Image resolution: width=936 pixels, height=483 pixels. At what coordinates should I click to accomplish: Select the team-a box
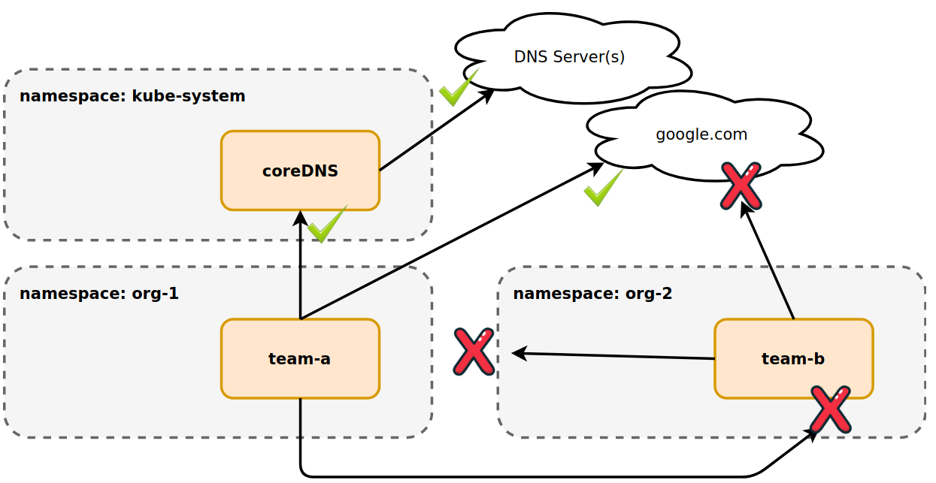[300, 358]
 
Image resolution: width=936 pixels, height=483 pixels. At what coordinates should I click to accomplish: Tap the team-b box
[793, 358]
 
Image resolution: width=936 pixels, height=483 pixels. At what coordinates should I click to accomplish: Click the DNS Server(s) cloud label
[569, 56]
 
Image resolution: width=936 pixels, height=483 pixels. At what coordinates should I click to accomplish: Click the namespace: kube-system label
[132, 96]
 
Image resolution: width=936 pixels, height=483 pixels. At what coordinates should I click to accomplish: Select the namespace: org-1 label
[99, 293]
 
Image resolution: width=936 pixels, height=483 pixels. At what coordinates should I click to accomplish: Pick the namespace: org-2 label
[592, 293]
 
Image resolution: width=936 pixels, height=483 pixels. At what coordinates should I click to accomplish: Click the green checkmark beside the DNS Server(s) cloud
[457, 88]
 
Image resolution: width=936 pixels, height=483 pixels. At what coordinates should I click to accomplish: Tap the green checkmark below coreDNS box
[326, 224]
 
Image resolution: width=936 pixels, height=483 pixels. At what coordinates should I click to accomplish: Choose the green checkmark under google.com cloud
[602, 188]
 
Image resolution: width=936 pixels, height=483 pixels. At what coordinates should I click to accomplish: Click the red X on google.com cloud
[741, 185]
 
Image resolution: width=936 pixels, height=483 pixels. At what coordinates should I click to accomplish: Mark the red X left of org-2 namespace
[474, 351]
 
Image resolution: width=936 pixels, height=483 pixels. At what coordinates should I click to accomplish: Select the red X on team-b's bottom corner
[830, 409]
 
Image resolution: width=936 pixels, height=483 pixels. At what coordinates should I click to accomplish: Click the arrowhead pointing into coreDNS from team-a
[300, 217]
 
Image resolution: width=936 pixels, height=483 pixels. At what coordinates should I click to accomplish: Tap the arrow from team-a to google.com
[451, 242]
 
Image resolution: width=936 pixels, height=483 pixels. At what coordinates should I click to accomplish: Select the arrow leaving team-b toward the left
[613, 355]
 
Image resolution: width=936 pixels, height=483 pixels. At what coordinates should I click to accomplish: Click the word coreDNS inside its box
[300, 171]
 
